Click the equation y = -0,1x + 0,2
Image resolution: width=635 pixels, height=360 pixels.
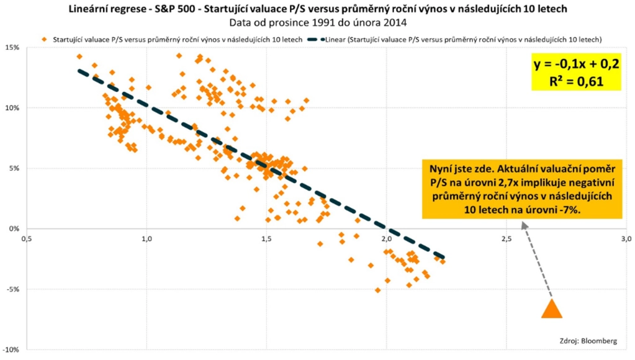coord(577,64)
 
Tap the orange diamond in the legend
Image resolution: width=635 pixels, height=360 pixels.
coord(43,38)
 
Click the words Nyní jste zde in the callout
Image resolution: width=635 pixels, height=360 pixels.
coord(461,168)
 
